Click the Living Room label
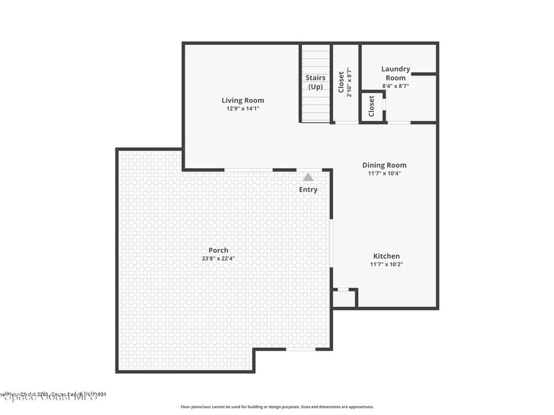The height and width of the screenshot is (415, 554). coord(243,100)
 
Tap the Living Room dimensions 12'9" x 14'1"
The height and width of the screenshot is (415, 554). coord(243,109)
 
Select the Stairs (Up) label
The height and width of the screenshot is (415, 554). coord(315,82)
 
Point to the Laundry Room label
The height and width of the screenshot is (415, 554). coord(395,73)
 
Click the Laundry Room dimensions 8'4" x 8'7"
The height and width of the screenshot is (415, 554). coord(395,86)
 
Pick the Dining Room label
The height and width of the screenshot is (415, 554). coord(384,165)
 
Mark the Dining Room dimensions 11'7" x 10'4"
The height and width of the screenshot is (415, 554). coord(384,173)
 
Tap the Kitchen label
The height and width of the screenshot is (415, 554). coord(386,256)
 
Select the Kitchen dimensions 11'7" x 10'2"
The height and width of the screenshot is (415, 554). coord(386,264)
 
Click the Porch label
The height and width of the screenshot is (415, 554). coord(219,250)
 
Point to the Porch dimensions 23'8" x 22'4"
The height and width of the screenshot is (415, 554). coord(219,258)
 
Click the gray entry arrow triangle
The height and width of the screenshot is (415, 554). coord(308,177)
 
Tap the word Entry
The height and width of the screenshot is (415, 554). coord(308,190)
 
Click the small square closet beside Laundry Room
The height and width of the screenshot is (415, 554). coord(372,106)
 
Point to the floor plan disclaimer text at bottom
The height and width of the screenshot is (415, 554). coord(276,407)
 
